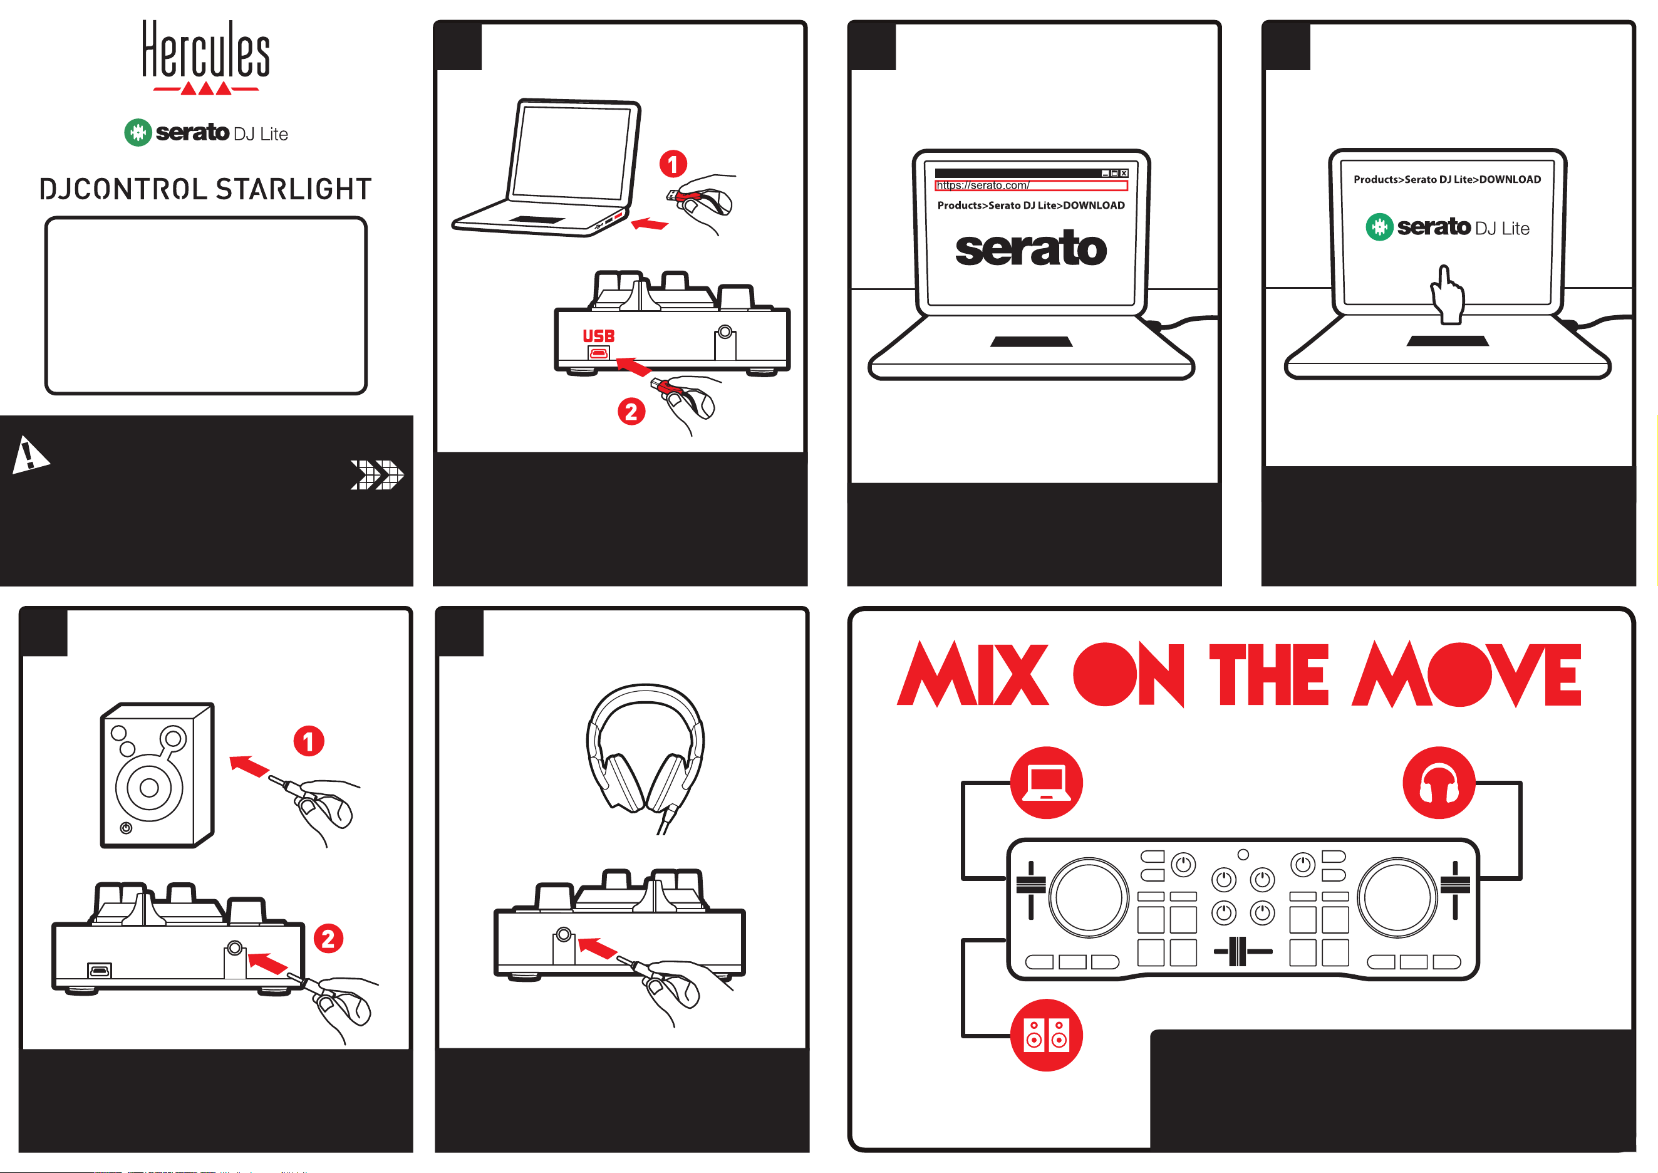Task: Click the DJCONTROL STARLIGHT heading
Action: point(206,189)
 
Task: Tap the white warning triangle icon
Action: point(29,454)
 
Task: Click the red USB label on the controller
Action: point(599,336)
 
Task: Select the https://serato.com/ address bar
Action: point(1030,185)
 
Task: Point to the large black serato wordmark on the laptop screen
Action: point(1030,249)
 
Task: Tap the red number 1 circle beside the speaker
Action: point(309,741)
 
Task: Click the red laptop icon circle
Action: point(1047,782)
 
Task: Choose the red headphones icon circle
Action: point(1439,782)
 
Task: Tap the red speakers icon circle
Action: point(1047,1035)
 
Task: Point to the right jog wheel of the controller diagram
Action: point(1397,897)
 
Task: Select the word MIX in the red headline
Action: point(972,674)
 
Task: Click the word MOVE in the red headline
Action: point(1466,674)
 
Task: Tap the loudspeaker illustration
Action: point(157,775)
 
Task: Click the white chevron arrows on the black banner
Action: point(377,474)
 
